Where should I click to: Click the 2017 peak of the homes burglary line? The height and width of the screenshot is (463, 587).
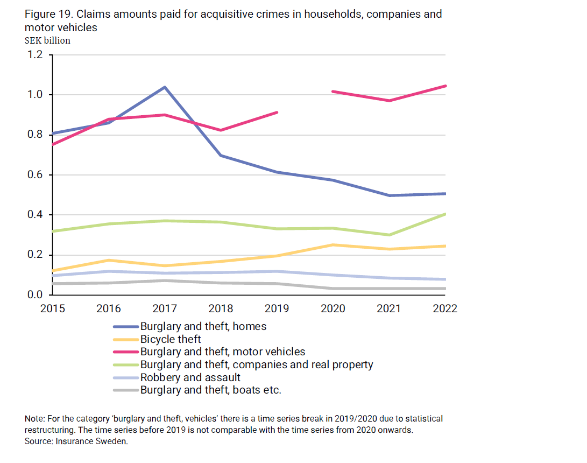pos(165,87)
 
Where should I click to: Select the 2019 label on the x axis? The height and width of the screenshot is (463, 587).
pos(277,308)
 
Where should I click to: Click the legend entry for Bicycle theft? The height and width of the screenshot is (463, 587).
pos(171,339)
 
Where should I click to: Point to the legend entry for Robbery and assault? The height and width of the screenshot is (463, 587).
pos(190,377)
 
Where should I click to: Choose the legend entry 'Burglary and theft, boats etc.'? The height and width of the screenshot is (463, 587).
pos(210,390)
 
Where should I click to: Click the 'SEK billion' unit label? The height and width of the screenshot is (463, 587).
pos(47,40)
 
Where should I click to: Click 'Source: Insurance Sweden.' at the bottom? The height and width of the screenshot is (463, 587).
pos(76,441)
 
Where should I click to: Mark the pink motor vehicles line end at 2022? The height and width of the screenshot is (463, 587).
pos(445,86)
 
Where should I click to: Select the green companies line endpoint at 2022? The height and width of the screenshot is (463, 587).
pos(445,214)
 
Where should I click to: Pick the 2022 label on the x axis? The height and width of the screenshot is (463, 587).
pos(444,308)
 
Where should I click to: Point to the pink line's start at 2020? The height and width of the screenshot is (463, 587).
pos(333,92)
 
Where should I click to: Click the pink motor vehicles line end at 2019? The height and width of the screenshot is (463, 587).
pos(277,113)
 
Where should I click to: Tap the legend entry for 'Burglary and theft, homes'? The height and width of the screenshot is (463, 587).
pos(203,326)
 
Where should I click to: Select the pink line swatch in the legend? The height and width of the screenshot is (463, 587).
pos(126,352)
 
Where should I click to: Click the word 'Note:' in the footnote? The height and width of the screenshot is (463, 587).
pos(35,419)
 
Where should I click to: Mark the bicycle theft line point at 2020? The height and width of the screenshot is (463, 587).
pos(333,245)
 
